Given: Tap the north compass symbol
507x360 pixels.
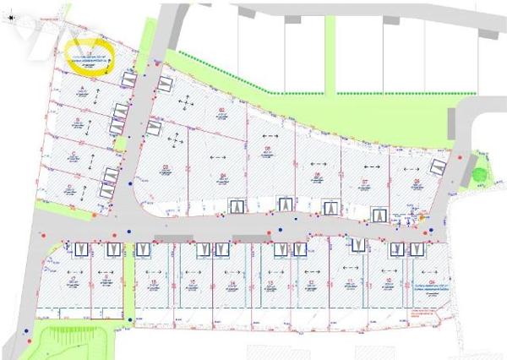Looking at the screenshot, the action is click(x=11, y=16).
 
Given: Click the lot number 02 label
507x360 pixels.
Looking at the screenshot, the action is click(x=221, y=110).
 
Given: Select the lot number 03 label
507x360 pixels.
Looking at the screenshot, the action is click(x=166, y=166).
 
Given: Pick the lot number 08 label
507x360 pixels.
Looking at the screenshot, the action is click(x=417, y=181).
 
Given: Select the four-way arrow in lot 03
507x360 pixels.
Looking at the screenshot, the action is click(x=175, y=137).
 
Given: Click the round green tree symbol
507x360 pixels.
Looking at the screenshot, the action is click(x=479, y=175).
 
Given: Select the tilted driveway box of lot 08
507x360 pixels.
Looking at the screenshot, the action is click(x=438, y=166).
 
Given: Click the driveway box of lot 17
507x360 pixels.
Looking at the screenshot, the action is click(x=81, y=249).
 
